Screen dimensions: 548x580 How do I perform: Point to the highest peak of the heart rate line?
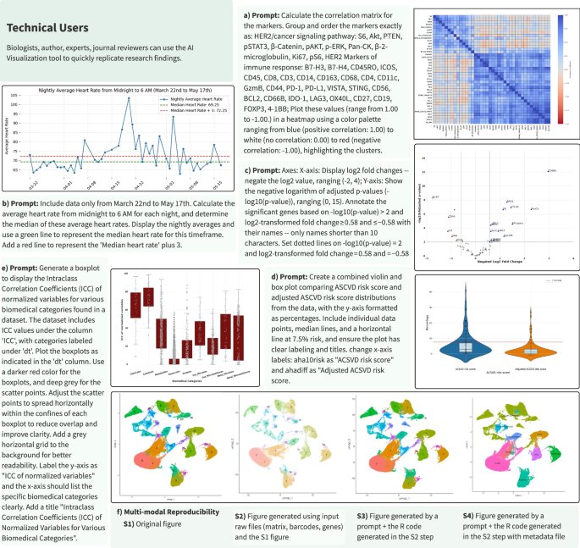coord(128,99)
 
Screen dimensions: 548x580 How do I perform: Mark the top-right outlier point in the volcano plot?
coord(548,171)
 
